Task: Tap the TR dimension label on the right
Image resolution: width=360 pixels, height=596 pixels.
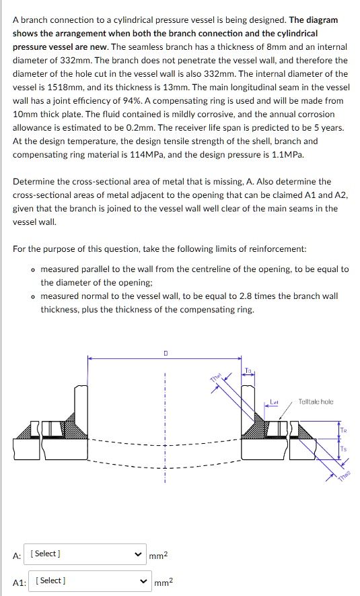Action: click(x=343, y=430)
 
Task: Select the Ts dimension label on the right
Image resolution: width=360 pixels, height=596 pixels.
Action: click(x=343, y=449)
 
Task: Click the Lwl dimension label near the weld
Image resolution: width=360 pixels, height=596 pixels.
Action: click(x=274, y=402)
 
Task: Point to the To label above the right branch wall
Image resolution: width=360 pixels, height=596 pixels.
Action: click(x=248, y=370)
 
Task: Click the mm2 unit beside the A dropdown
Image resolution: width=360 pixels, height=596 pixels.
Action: click(x=157, y=555)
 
